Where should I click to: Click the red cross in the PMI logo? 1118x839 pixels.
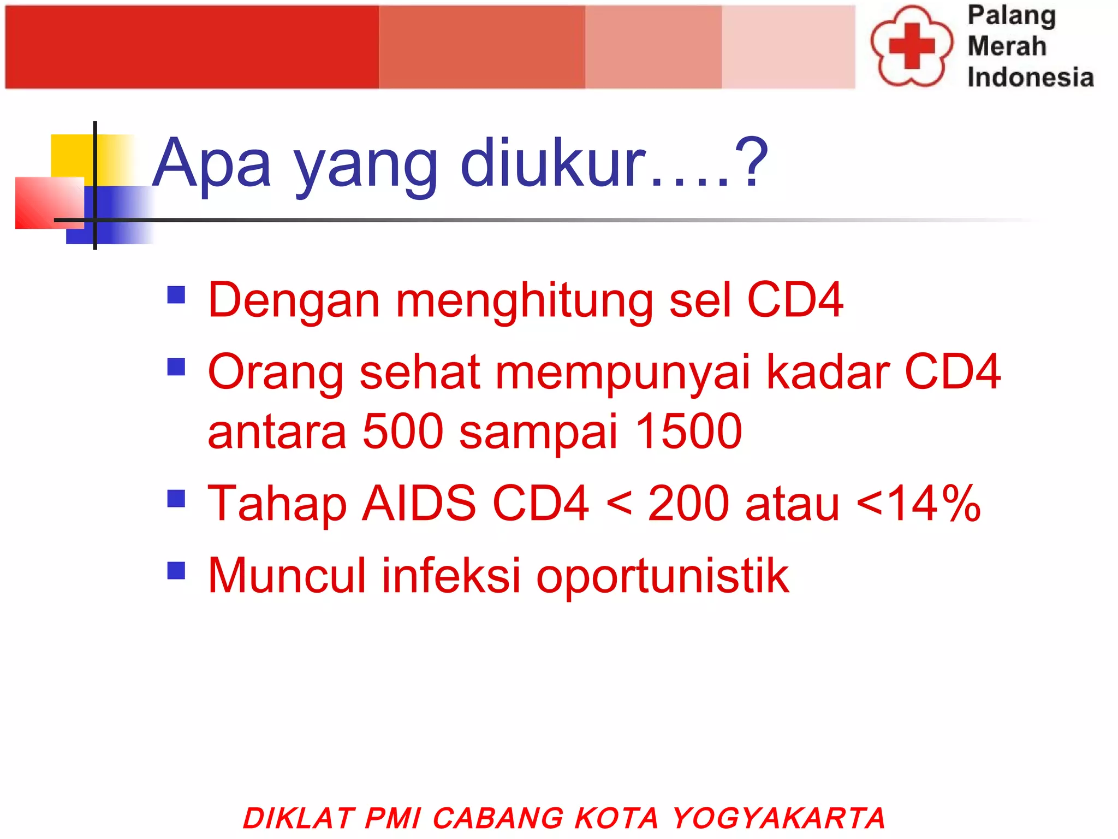(912, 46)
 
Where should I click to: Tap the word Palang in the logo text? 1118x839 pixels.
(1012, 16)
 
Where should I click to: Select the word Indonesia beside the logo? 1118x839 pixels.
(1030, 77)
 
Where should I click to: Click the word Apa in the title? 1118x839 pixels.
(211, 164)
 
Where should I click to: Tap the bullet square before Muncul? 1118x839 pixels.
(176, 570)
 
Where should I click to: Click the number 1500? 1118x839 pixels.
(689, 432)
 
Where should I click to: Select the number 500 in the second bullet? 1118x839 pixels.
(403, 432)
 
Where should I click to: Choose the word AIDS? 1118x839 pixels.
(419, 504)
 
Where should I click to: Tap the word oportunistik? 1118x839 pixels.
(662, 577)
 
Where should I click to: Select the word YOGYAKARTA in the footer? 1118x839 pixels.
(778, 818)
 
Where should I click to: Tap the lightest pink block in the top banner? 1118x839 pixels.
(788, 47)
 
